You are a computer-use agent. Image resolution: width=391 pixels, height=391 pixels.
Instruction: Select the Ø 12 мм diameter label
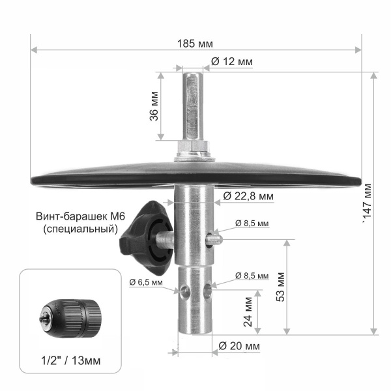(x=232, y=62)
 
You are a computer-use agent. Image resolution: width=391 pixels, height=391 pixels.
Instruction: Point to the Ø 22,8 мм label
(x=248, y=195)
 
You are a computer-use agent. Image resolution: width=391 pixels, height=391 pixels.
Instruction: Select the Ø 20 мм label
(x=240, y=345)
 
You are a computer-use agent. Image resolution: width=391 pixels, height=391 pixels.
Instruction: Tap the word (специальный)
(x=78, y=229)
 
